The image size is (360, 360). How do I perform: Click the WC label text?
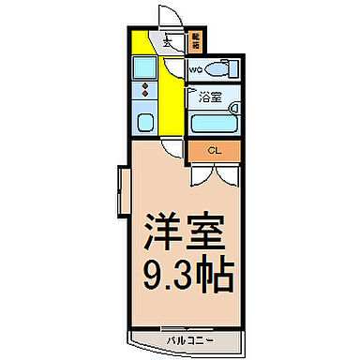coord(196,70)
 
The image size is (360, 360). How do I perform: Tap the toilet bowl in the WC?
coord(217,69)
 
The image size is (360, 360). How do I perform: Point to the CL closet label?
coord(213,150)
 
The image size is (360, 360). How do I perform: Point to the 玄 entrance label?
coord(168,40)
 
